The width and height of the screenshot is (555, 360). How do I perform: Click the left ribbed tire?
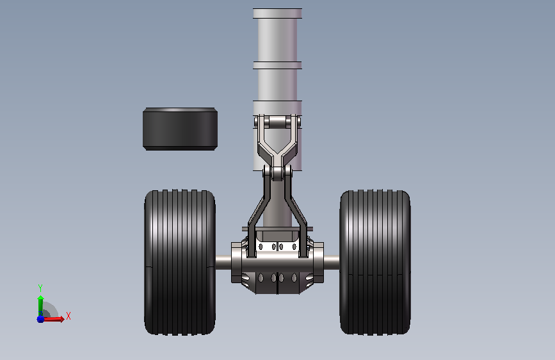(180, 262)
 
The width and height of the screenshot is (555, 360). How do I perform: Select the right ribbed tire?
(375, 262)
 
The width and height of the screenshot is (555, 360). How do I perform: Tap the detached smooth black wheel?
(180, 129)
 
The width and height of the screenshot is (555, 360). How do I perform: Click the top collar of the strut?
(278, 13)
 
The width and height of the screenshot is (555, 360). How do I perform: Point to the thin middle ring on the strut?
(278, 65)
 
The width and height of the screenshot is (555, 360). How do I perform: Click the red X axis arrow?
(53, 319)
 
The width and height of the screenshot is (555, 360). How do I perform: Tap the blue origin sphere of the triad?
(40, 319)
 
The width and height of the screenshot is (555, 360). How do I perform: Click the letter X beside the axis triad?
(68, 316)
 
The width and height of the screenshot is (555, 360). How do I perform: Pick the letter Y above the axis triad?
(40, 288)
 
